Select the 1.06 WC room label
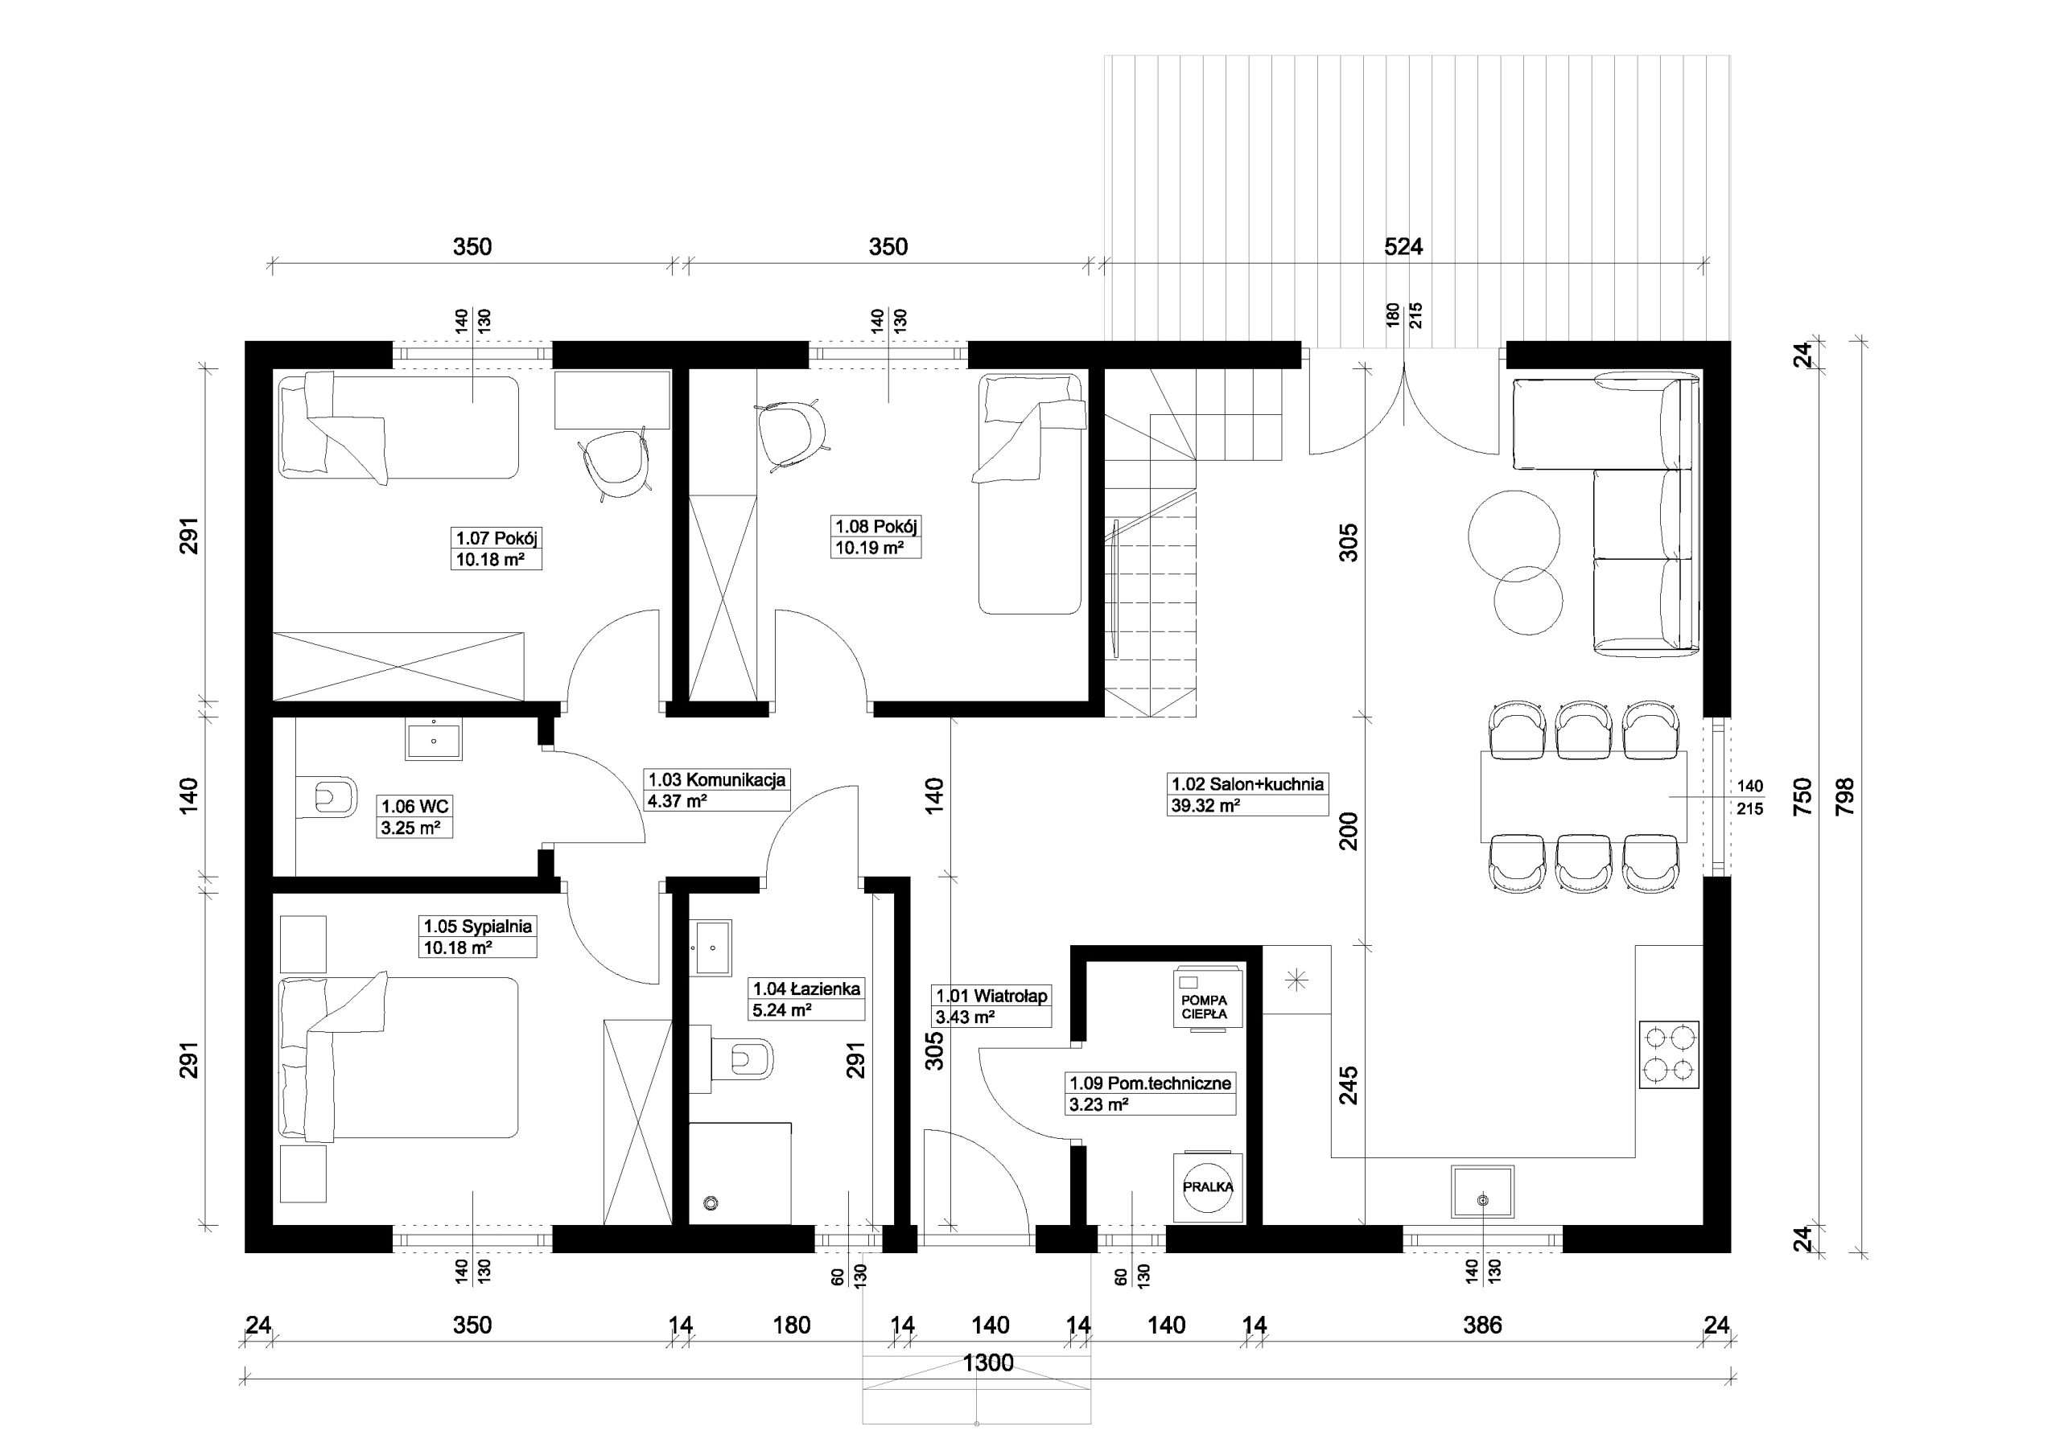click(x=414, y=806)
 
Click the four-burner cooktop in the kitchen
click(x=1669, y=1054)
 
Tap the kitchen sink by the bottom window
click(x=1482, y=1191)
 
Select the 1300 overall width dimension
click(x=989, y=1363)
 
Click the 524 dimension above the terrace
click(x=1403, y=246)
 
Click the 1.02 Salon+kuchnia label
click(x=1248, y=783)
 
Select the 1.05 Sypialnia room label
click(x=478, y=926)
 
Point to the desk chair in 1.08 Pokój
click(x=793, y=434)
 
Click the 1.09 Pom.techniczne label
click(x=1150, y=1083)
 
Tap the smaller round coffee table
click(x=1528, y=599)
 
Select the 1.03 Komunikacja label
click(x=717, y=779)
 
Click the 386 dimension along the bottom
click(x=1482, y=1325)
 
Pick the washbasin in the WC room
click(x=435, y=741)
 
